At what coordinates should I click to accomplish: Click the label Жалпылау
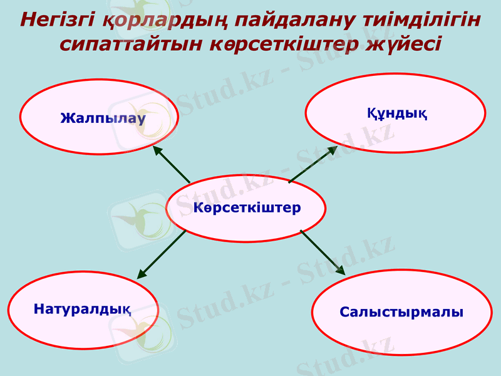(103, 117)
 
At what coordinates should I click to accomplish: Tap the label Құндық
(396, 114)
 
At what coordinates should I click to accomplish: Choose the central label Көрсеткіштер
(247, 207)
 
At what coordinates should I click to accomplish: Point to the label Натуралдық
(82, 308)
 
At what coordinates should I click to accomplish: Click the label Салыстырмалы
(401, 312)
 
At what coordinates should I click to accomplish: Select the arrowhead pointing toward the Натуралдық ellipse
(142, 274)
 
